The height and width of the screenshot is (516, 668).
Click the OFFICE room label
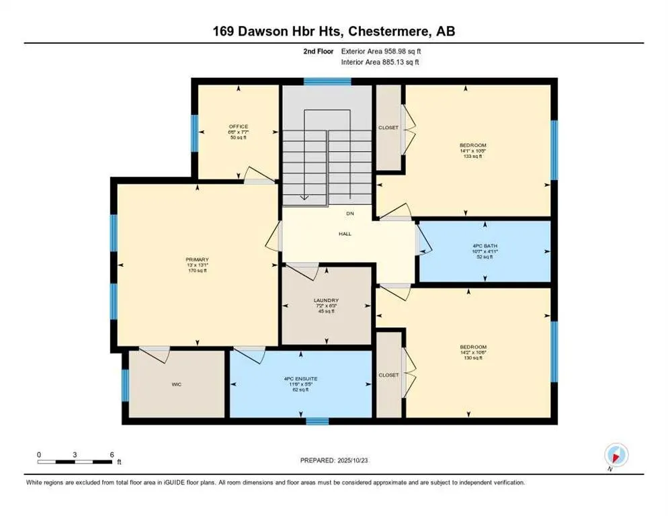point(238,126)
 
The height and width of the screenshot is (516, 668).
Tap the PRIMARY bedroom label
point(198,259)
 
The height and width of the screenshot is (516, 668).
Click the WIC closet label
point(176,385)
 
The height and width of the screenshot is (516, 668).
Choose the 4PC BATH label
point(483,245)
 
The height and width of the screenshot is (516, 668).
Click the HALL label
point(345,234)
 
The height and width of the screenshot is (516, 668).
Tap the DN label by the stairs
point(349,214)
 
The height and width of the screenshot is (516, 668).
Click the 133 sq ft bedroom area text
point(472,155)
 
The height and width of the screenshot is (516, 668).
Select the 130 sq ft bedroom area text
point(472,357)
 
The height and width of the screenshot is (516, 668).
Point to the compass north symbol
point(616,455)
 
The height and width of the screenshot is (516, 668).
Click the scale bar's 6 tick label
point(112,454)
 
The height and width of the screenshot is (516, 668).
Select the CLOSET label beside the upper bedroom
point(388,128)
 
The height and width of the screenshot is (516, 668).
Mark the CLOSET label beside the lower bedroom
point(388,375)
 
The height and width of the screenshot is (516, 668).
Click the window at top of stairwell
point(327,82)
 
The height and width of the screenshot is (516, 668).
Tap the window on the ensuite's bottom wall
point(317,421)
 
